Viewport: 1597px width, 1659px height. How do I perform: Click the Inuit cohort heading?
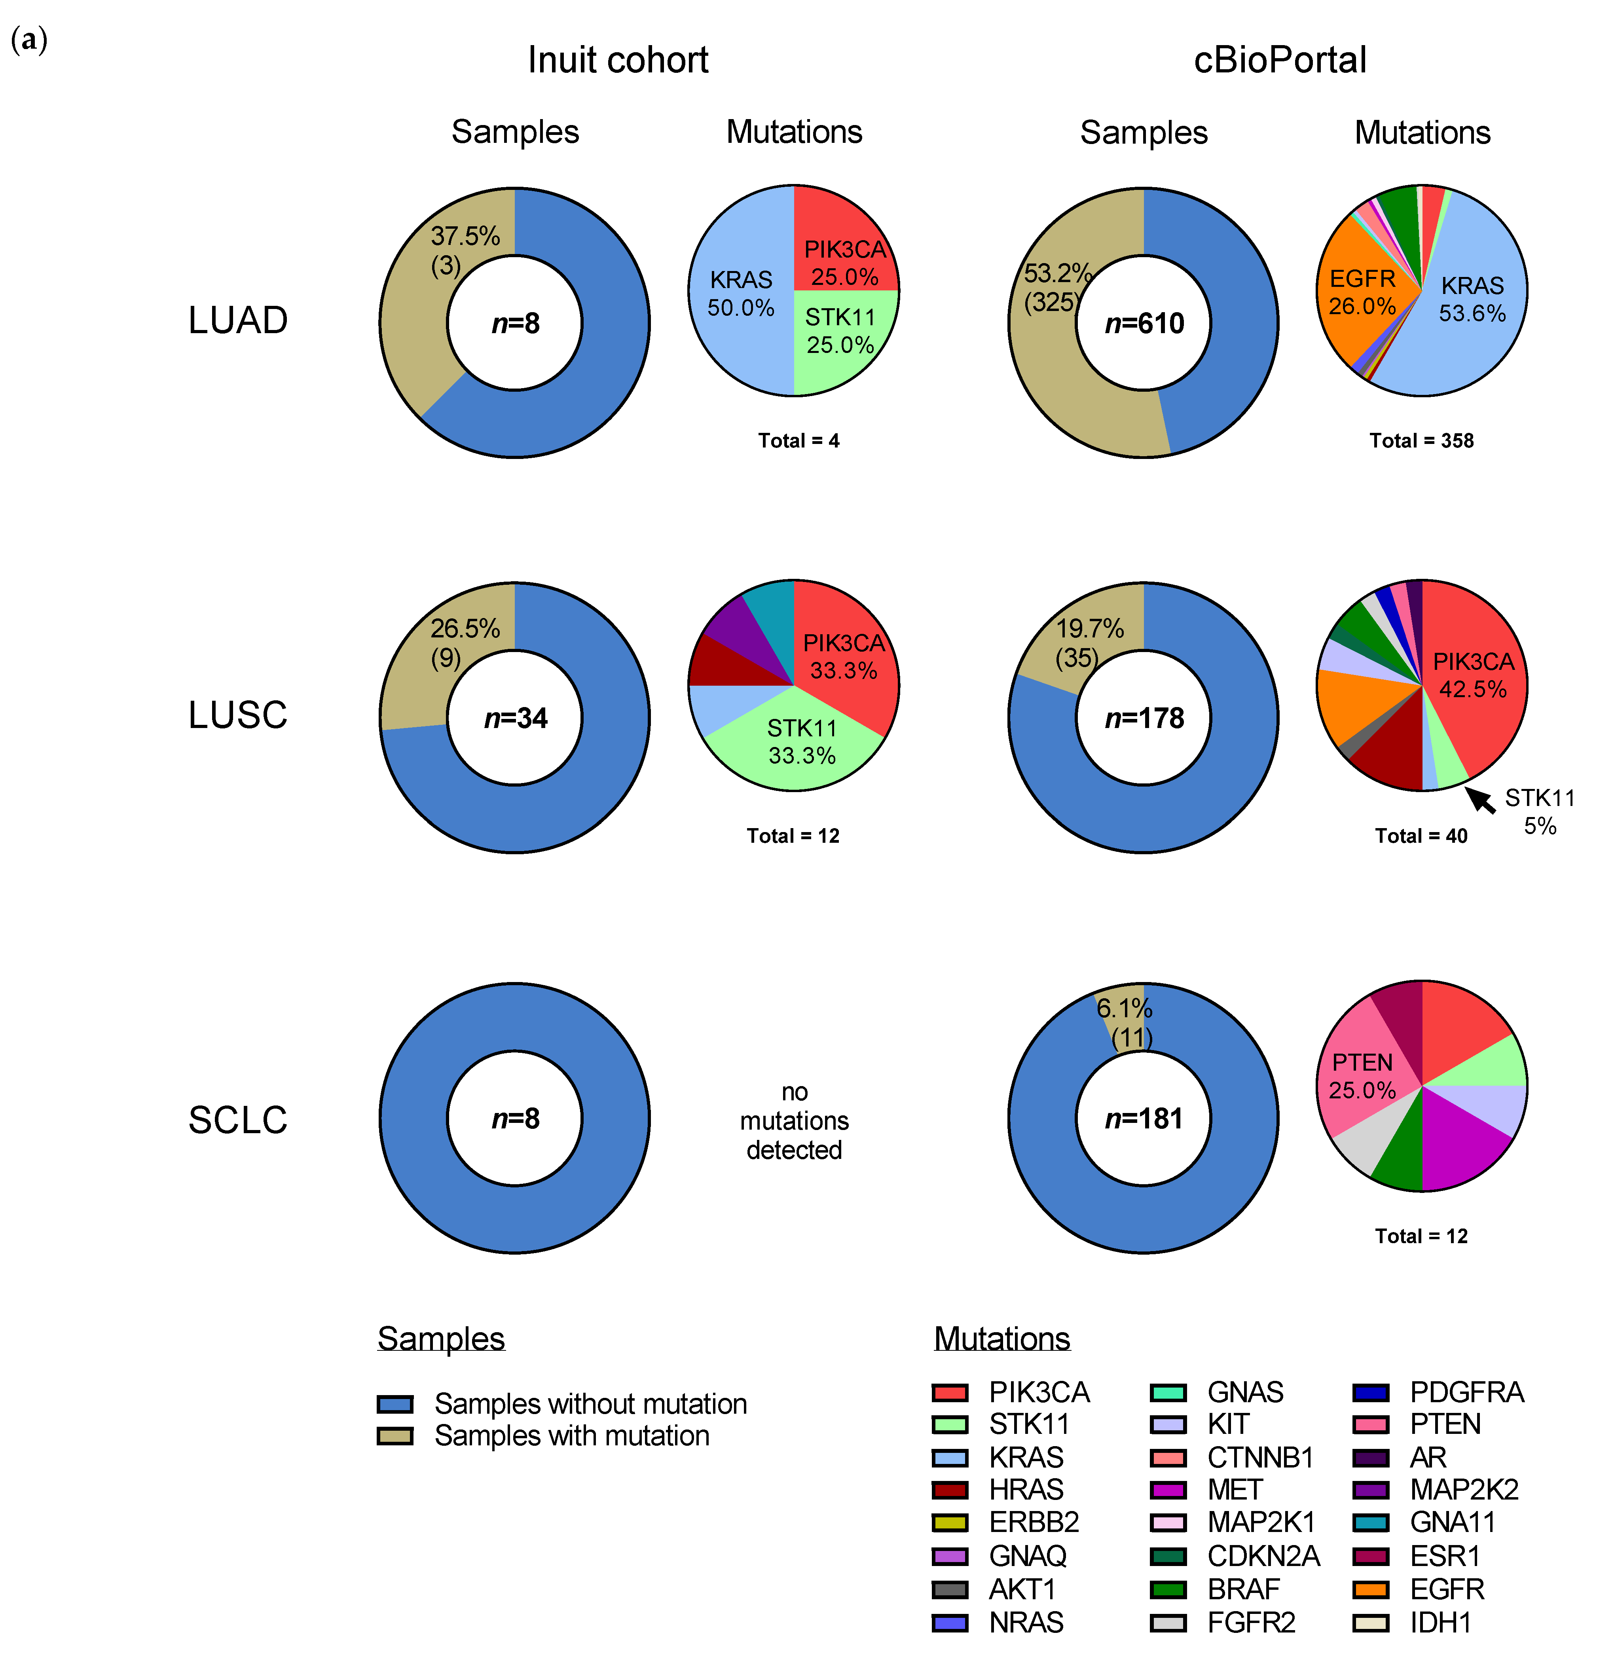[618, 60]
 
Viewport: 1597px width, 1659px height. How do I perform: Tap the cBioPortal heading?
[1280, 60]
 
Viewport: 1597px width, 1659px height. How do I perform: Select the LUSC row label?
[238, 715]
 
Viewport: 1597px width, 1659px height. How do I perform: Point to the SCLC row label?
[238, 1120]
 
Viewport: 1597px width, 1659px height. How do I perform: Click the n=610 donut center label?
[1144, 323]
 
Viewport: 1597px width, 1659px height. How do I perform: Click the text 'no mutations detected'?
[794, 1121]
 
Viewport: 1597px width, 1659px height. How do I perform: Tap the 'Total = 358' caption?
[1422, 440]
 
